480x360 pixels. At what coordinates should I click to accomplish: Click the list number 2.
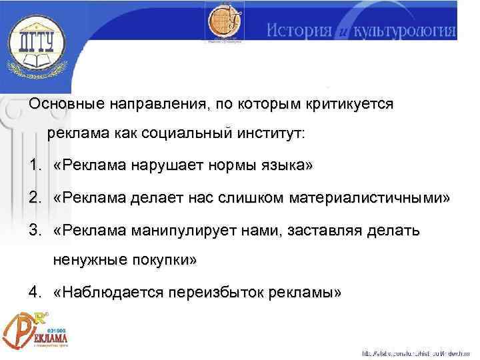pos(35,198)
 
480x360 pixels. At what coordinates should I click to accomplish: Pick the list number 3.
pos(35,231)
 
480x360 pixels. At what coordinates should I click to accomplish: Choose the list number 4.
pos(35,292)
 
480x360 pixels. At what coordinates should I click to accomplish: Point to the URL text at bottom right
pos(417,352)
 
